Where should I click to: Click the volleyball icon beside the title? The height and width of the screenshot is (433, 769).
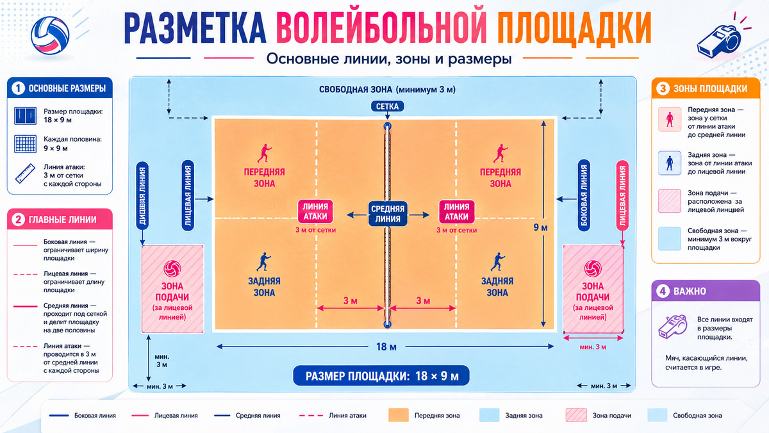coord(50,36)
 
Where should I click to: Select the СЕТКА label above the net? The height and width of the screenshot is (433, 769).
coord(387,106)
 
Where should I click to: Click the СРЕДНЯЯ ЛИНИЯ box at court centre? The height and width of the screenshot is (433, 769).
coord(388,214)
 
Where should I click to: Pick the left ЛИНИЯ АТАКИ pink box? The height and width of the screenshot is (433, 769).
coord(315,211)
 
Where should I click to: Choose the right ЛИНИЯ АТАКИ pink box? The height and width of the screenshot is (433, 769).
coord(456,211)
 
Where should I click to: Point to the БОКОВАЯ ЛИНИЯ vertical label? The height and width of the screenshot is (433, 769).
coord(584,195)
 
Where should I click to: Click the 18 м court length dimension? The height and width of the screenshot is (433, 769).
coord(386,347)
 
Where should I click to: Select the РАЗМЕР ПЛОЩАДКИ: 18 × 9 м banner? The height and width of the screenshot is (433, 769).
coord(381,376)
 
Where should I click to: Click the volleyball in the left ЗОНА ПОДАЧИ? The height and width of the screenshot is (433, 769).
coord(172,269)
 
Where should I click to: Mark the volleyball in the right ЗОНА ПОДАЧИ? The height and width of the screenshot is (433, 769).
coord(593,269)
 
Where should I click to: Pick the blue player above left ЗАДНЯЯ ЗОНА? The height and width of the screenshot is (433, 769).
coord(263,262)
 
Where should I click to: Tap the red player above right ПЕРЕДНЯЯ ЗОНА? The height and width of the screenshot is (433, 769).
coord(500,153)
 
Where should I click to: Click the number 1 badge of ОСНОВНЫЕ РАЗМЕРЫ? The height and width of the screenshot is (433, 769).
coord(18,88)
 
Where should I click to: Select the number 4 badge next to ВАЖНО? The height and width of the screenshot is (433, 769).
coord(663,291)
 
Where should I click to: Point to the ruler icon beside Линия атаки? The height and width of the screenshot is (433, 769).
coord(25,174)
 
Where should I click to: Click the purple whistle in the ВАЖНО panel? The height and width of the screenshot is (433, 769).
coord(672,327)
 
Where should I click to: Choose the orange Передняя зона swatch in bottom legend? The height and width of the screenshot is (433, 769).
coord(398,415)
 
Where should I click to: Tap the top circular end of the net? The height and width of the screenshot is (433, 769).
coord(387,126)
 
